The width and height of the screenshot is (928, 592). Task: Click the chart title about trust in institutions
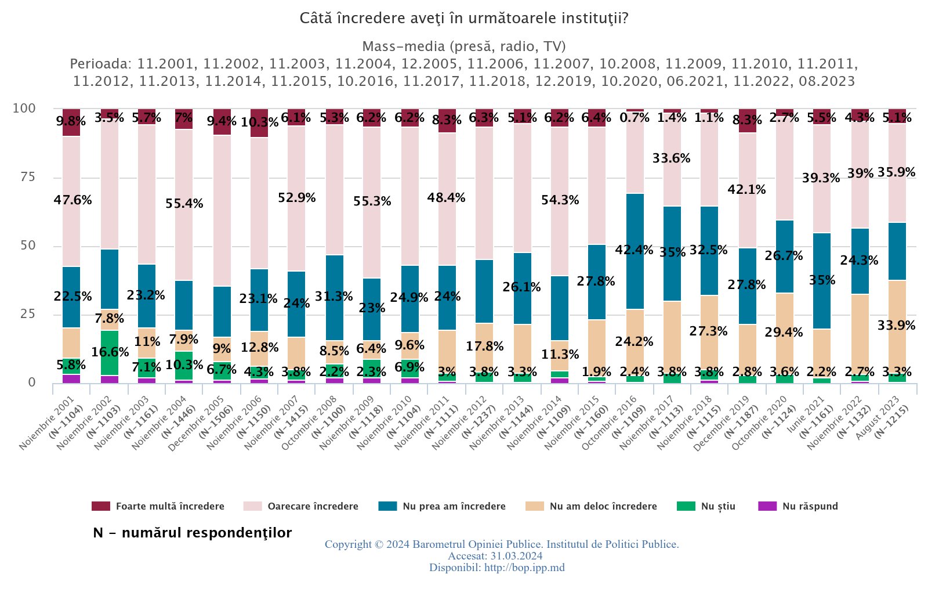(464, 19)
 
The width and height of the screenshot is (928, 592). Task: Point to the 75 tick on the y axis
(24, 177)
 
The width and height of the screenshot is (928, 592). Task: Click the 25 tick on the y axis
(24, 314)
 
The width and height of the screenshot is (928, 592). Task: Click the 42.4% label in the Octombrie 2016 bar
(634, 250)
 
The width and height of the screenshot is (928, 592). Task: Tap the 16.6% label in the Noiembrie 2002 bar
(110, 352)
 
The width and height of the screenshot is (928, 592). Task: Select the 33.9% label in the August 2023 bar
(896, 326)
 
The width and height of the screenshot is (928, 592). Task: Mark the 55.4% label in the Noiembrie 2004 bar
(184, 204)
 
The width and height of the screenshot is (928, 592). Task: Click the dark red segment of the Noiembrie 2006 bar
(259, 123)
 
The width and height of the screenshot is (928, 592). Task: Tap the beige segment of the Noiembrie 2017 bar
(672, 337)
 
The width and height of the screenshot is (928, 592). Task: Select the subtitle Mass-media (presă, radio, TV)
(464, 46)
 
